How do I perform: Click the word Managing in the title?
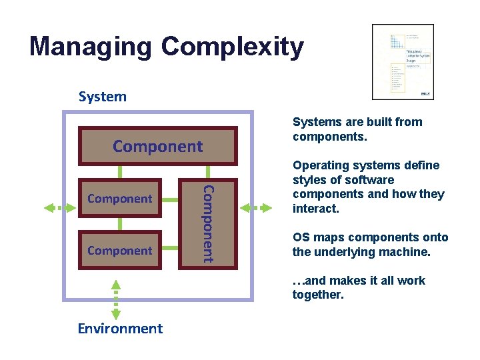[x=91, y=47]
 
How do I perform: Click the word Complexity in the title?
[x=233, y=47]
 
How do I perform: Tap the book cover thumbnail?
[x=403, y=62]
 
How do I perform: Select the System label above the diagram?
[x=102, y=97]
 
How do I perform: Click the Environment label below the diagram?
[x=120, y=328]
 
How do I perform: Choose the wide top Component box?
[x=157, y=146]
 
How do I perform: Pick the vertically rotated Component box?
[x=207, y=223]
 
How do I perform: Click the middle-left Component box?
[x=119, y=199]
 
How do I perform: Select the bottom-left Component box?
[x=119, y=251]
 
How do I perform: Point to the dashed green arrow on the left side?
[x=60, y=208]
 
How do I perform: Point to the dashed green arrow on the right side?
[x=257, y=208]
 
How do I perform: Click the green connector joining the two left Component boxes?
[x=119, y=224]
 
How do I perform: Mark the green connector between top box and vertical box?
[x=207, y=172]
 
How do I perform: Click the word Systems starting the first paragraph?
[x=315, y=122]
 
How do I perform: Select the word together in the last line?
[x=317, y=295]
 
